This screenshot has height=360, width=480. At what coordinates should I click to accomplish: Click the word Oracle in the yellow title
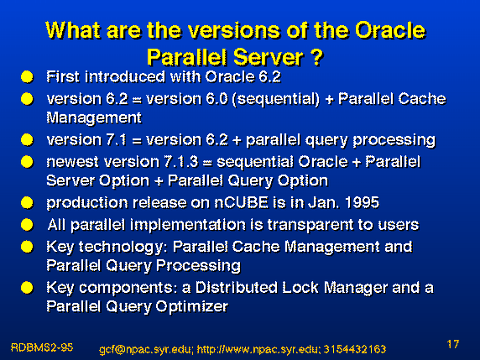(390, 31)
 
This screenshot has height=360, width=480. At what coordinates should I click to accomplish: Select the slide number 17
(453, 344)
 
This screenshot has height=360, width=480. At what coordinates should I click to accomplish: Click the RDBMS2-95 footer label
(42, 347)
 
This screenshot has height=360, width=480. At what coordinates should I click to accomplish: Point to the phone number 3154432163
(355, 349)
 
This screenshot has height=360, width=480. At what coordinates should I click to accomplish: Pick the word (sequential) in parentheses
(276, 99)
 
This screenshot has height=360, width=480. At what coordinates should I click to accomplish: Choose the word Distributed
(237, 288)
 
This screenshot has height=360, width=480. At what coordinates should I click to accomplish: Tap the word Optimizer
(192, 306)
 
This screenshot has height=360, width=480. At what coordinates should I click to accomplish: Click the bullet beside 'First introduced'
(27, 77)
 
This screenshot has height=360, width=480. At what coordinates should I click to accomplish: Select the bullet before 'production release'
(27, 202)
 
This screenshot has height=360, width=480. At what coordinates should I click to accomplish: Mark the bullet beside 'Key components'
(27, 288)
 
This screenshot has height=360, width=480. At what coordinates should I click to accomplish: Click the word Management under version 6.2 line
(94, 118)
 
